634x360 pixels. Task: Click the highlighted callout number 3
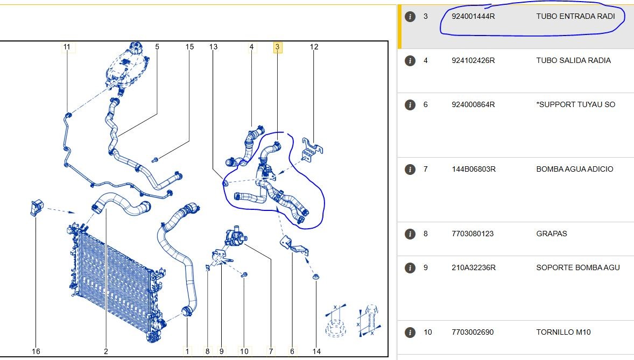[277, 47]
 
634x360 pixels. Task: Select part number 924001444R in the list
[473, 17]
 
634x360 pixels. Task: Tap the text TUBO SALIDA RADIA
[573, 61]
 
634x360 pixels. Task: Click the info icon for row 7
[410, 169]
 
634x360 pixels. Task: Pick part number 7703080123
[473, 234]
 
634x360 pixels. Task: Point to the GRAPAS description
[552, 234]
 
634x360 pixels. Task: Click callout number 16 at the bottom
[36, 351]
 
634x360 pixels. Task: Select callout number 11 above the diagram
[67, 47]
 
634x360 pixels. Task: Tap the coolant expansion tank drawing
[126, 66]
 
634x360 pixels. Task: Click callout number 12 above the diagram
[314, 47]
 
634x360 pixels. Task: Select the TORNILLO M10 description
[563, 333]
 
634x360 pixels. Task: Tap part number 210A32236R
[474, 268]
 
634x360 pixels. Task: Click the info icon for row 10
[410, 333]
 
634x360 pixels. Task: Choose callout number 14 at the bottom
[316, 351]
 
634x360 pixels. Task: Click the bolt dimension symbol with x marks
[370, 321]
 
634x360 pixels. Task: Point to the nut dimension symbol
[336, 321]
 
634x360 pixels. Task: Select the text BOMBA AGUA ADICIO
[575, 169]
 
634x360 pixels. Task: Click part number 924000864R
[473, 105]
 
